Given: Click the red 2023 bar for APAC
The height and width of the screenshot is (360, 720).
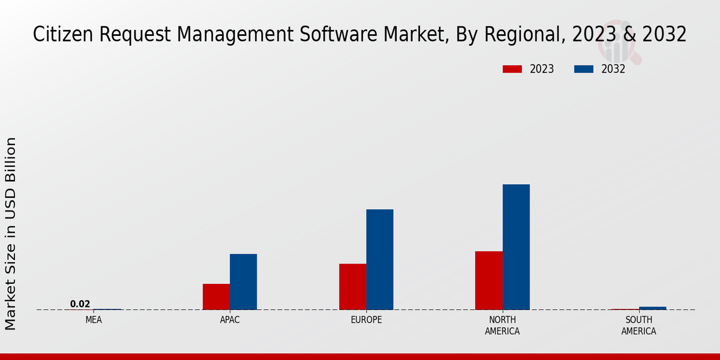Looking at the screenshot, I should [216, 296].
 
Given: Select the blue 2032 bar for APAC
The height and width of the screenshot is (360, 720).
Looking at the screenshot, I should [243, 281].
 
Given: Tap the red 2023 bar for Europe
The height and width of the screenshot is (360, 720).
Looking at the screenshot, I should [352, 286].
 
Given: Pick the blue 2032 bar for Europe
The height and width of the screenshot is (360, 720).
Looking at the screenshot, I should [380, 259].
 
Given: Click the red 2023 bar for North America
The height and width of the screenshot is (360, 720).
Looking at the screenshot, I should [488, 280].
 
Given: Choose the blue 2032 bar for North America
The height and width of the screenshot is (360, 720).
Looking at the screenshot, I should [516, 247].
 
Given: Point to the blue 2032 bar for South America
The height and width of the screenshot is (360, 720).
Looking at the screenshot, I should [652, 308].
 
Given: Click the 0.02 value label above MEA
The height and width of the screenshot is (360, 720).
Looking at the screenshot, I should [80, 304].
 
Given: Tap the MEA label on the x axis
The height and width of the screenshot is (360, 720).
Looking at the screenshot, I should [94, 320].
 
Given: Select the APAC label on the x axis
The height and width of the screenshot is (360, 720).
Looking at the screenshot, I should [230, 320].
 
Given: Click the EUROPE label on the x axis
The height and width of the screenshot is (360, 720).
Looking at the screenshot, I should [366, 320].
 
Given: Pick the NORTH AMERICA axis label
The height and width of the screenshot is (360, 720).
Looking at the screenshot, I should [502, 325].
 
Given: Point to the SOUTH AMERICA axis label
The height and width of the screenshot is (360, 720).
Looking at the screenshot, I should [638, 325].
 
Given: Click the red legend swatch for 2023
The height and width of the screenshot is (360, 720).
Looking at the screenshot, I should [512, 69].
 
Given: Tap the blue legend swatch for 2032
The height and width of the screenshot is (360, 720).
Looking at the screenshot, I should [583, 69].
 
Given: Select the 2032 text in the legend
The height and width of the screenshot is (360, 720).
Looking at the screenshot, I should [613, 69].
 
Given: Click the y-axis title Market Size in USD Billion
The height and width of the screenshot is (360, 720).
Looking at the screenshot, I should [11, 233].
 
